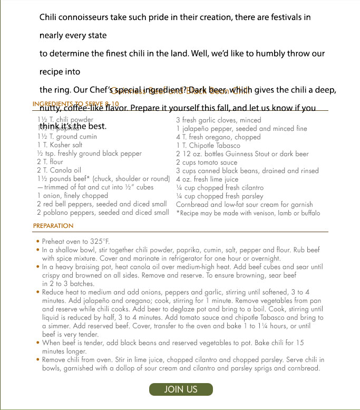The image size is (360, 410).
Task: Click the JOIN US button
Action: (181, 389)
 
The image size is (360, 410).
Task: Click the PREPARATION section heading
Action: (53, 226)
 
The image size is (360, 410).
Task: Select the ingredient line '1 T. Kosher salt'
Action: (60, 145)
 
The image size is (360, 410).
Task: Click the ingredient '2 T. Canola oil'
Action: (59, 170)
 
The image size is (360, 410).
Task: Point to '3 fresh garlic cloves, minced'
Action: (219, 120)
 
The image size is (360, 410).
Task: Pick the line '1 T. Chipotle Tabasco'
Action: (208, 145)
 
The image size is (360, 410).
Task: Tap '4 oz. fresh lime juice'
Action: (207, 179)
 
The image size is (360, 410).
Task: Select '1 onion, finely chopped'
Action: (73, 196)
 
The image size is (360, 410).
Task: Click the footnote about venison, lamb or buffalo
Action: (248, 213)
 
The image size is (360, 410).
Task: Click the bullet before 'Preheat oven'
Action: (38, 242)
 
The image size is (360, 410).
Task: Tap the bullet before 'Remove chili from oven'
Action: (38, 360)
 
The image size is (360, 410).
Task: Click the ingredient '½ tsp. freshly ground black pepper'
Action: (89, 154)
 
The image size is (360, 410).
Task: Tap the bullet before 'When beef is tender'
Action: (38, 343)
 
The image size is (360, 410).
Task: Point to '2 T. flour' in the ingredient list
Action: (50, 162)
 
